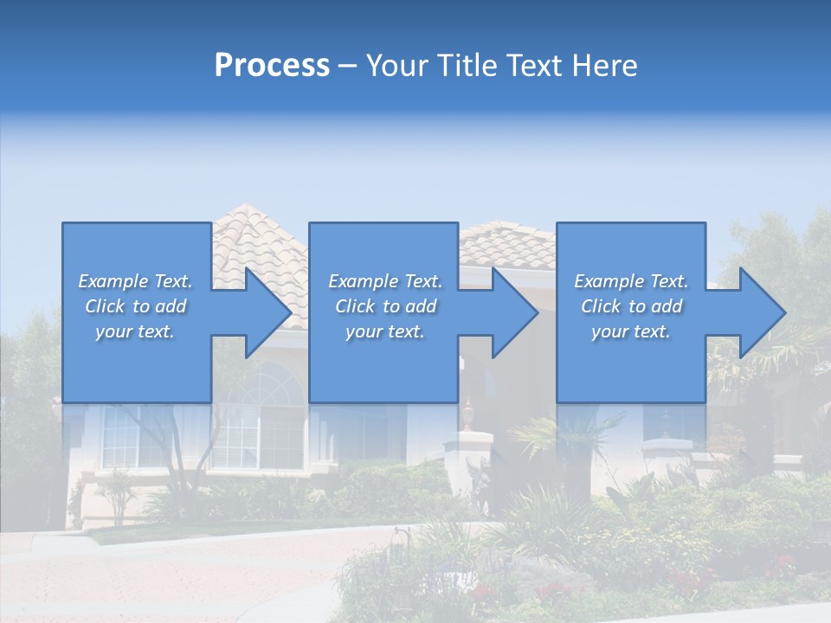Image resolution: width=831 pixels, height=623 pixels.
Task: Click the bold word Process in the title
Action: click(272, 65)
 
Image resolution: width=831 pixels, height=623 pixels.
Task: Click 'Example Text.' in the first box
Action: click(135, 281)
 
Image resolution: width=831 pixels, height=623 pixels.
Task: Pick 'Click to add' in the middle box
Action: click(385, 306)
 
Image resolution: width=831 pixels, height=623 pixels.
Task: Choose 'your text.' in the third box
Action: click(630, 331)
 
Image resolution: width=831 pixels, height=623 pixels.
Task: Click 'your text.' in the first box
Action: click(135, 331)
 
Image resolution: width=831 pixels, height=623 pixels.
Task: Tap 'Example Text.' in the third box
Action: click(630, 281)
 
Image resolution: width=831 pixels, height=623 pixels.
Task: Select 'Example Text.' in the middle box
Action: click(385, 281)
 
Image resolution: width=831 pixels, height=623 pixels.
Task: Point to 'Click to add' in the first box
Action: click(135, 306)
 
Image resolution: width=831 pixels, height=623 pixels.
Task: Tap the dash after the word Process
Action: click(348, 66)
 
